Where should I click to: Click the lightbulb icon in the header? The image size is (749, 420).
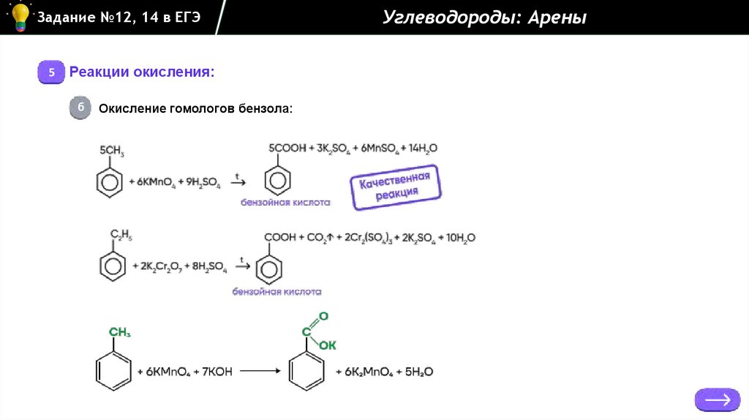pos(20,17)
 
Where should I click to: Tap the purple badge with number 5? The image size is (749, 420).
pos(51,72)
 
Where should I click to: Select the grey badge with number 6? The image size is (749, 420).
pos(80,108)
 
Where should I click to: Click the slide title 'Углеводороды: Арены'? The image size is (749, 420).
pos(484,18)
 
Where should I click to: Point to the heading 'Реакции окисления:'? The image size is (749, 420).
pos(142,72)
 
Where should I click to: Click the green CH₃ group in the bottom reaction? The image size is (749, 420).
pos(120,333)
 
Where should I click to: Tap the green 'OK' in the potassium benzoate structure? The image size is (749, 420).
pos(326,345)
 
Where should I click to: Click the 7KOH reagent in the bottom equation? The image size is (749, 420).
pos(214,372)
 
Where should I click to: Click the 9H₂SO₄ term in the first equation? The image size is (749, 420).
pos(204,181)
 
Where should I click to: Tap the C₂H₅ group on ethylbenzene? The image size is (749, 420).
pos(121,234)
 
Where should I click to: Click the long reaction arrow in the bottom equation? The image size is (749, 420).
pos(261,371)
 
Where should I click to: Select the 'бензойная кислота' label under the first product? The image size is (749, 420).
pos(285,203)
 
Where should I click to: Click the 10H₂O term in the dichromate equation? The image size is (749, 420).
pos(459,238)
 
